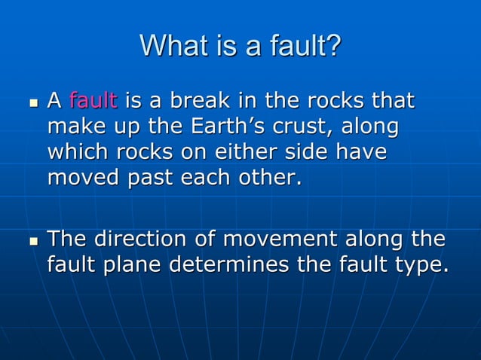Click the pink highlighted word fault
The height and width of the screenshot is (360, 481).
[93, 100]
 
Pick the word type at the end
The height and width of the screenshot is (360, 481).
[418, 267]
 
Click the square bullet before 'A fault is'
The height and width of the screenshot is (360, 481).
[32, 102]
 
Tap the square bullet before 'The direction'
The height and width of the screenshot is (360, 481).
[32, 241]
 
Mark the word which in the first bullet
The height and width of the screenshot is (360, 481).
[78, 152]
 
